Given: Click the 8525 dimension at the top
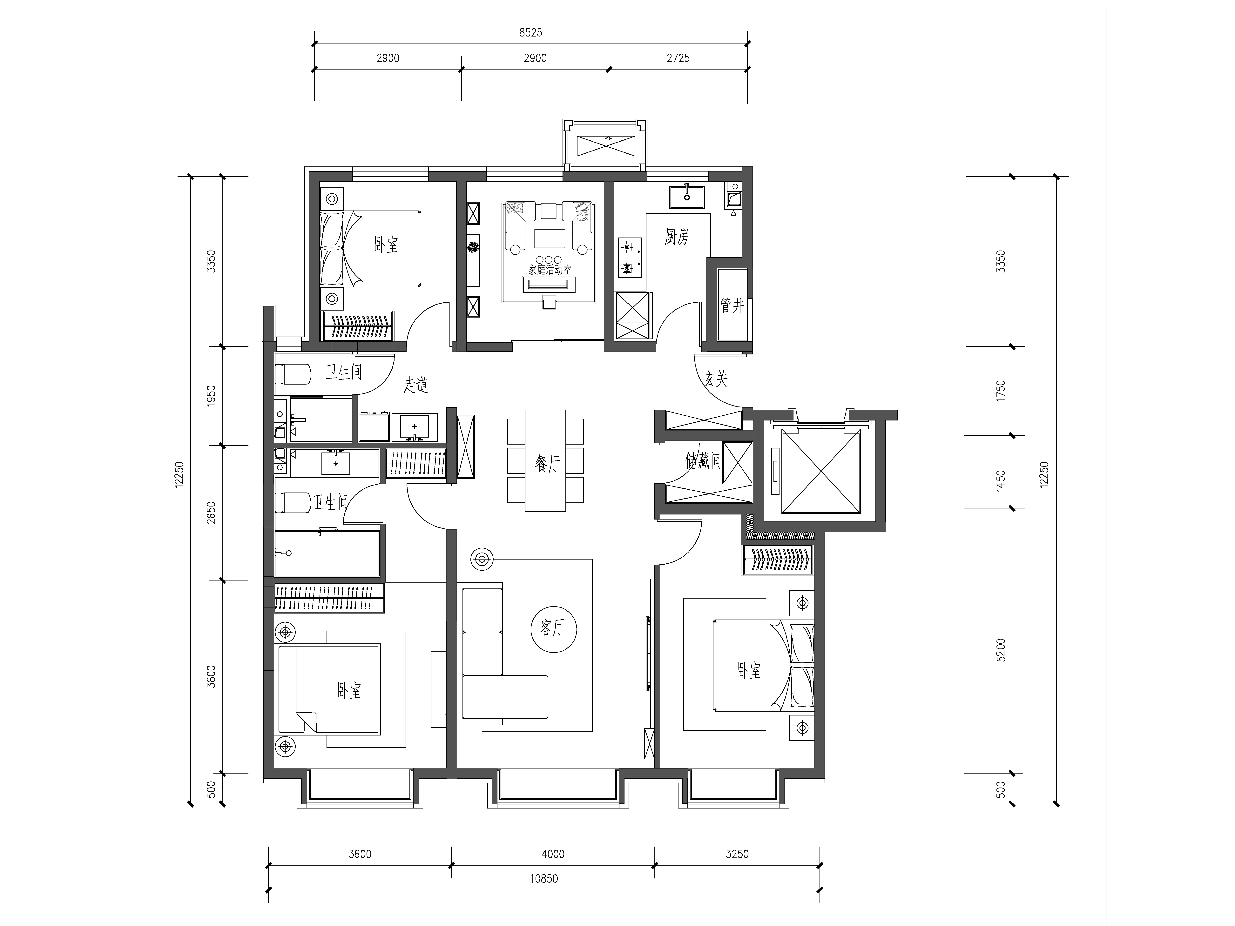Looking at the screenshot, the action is pos(530,32).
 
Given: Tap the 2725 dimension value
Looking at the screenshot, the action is pos(678,58).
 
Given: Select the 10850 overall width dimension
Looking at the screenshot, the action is pos(544,879).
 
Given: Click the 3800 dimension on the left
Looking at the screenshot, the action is pos(211,676).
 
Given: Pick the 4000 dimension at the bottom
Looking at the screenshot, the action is pos(553,854).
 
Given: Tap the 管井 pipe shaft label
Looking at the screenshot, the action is pos(732,305).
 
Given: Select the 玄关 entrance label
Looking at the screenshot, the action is pos(716,379).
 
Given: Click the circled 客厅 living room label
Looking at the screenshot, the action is pos(553,628).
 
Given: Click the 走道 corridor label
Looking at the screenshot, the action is pos(415,385).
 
